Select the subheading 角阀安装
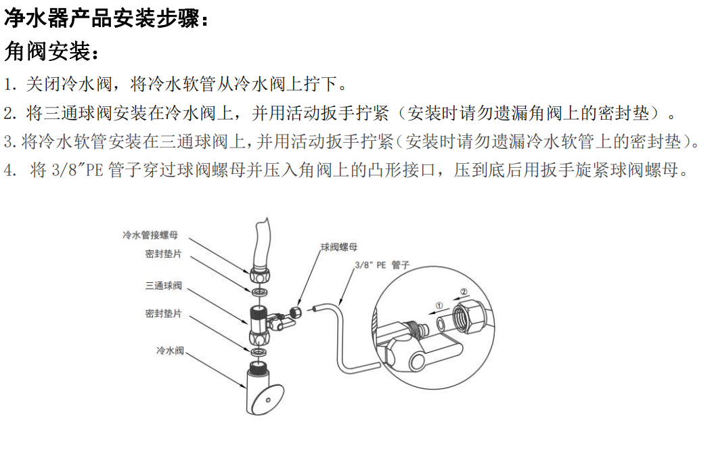point(51,51)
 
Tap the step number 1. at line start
point(9,85)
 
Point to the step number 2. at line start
point(9,113)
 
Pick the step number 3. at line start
point(9,142)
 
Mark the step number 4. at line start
point(9,171)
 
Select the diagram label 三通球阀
point(163,286)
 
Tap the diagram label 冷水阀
point(170,351)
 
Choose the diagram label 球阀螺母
point(339,247)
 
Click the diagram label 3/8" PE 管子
point(382,266)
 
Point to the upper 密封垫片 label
point(163,254)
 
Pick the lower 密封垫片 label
point(163,314)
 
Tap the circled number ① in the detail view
point(439,306)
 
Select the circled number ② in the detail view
point(464,292)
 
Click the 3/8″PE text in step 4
point(76,171)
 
